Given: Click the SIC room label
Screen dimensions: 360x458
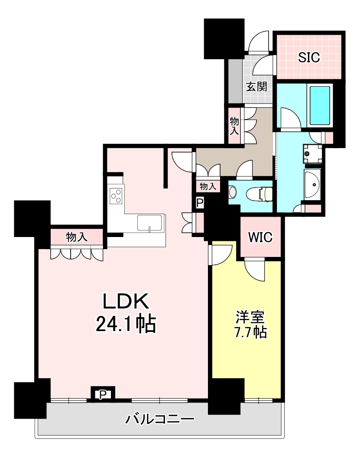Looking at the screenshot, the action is click(x=308, y=57).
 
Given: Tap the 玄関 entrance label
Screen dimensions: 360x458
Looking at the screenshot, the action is click(x=256, y=87).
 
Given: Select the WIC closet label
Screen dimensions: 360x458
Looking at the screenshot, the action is click(x=260, y=237).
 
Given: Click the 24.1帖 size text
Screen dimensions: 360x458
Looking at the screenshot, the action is click(x=126, y=324).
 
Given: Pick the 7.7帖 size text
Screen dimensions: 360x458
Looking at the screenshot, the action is click(x=251, y=332).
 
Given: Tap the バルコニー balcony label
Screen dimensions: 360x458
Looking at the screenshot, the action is click(x=160, y=419).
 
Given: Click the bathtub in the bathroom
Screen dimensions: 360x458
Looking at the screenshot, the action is click(x=320, y=105).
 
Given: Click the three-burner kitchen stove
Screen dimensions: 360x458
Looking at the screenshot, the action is click(x=116, y=196).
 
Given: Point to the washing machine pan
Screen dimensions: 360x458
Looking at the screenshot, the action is click(x=312, y=154).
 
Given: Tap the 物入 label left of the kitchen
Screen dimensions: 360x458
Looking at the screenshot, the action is click(x=77, y=237).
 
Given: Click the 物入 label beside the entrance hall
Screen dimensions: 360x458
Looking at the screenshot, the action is click(x=234, y=126).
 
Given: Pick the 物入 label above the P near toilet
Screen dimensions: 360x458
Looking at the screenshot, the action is click(x=208, y=186).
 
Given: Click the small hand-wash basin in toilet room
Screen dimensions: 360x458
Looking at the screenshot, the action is click(x=232, y=192).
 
